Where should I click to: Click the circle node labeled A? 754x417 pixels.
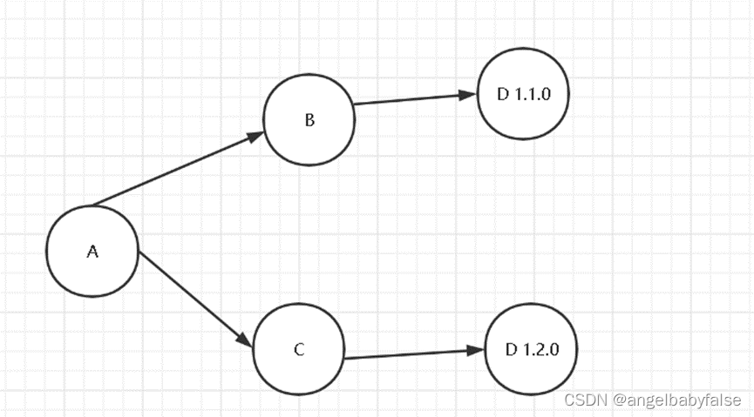(92, 251)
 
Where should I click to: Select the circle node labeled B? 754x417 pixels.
(309, 119)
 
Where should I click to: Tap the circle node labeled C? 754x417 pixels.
(299, 350)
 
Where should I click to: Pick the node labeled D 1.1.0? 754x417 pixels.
(523, 94)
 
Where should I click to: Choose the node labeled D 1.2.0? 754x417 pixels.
(531, 349)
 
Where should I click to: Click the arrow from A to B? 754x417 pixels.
(174, 171)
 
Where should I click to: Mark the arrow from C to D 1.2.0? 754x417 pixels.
(410, 353)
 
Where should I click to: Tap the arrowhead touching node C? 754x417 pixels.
(243, 340)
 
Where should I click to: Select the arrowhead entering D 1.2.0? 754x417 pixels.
(475, 350)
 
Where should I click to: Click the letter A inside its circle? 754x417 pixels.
(92, 252)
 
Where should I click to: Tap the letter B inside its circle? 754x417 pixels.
(309, 120)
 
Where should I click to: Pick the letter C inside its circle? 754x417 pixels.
(299, 350)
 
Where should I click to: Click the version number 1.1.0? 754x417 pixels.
(532, 94)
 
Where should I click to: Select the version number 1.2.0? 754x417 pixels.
(540, 349)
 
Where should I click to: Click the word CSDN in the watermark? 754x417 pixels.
(585, 400)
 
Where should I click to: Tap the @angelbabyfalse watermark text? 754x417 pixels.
(676, 400)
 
